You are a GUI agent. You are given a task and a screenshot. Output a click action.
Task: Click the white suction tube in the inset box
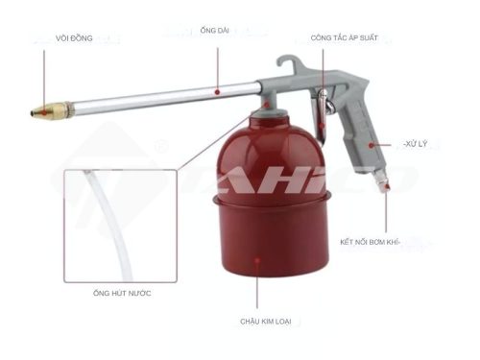point(96,211)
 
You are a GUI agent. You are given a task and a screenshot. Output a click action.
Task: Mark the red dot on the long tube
point(218,91)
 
